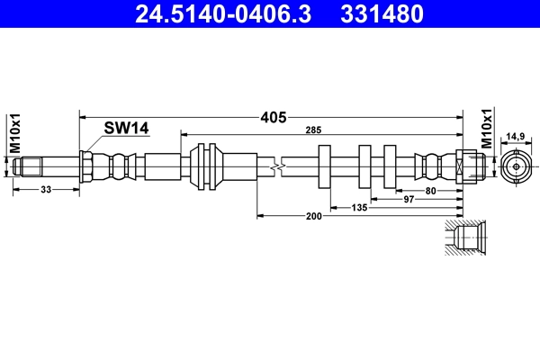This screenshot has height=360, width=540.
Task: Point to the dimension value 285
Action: [313, 131]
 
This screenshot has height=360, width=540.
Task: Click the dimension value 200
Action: [314, 217]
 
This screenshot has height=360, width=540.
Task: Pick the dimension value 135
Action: [358, 207]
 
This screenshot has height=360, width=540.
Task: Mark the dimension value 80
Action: [431, 190]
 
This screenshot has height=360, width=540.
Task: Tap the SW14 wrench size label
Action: [125, 129]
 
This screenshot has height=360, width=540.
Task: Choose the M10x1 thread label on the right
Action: [486, 128]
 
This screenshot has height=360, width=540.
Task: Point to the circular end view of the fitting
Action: [515, 166]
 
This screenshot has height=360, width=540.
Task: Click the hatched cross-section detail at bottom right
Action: [465, 238]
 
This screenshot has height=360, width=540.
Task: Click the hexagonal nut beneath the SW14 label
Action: [87, 166]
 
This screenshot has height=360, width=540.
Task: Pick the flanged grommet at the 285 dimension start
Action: [206, 166]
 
